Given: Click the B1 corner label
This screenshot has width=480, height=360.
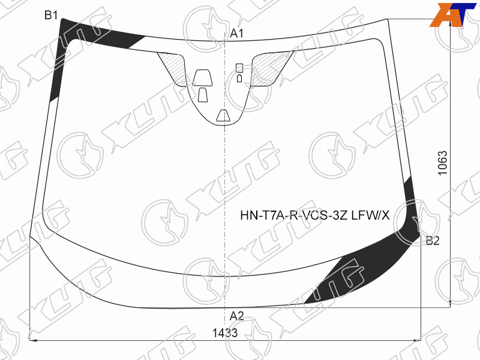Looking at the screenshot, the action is click(51, 14).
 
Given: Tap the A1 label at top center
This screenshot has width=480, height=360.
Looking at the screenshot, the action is click(236, 34).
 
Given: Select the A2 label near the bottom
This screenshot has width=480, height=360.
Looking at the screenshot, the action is click(236, 316).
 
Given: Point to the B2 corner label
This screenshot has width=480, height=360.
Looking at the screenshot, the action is click(433, 241).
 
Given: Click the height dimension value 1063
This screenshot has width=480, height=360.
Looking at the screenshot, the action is click(443, 163).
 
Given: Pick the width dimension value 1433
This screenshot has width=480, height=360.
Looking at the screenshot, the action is click(225, 332).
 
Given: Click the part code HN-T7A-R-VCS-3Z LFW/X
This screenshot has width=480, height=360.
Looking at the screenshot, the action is click(315, 215).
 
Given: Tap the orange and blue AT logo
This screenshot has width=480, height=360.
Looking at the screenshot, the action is click(453, 14).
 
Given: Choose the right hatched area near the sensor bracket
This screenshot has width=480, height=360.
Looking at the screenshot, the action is click(269, 68).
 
